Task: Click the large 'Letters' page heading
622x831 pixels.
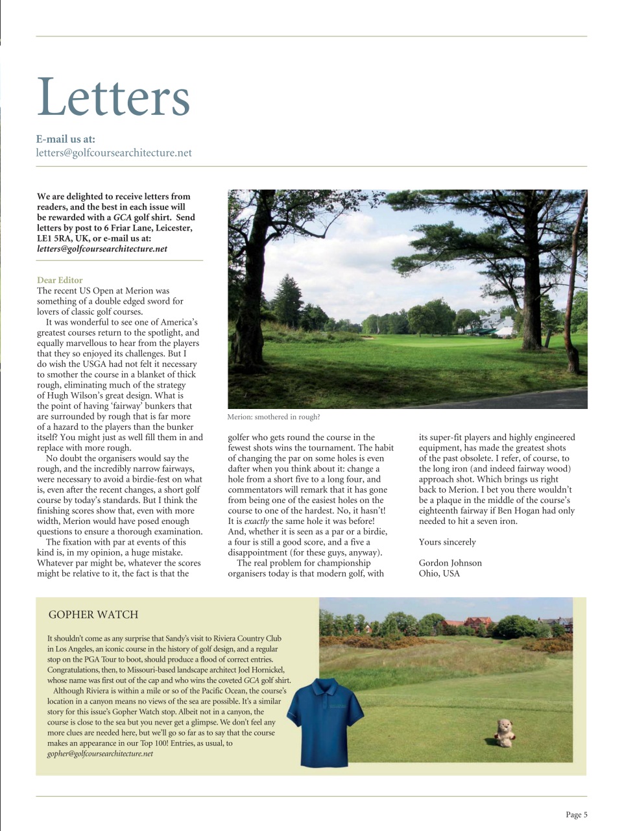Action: point(114,97)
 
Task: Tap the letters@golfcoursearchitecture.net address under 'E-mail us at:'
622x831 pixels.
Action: point(114,153)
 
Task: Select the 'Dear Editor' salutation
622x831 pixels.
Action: point(60,280)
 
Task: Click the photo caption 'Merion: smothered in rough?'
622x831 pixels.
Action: point(273,417)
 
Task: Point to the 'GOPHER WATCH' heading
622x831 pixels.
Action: point(93,614)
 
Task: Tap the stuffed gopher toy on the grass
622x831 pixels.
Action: point(503,733)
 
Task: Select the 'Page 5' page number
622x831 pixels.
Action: point(576,815)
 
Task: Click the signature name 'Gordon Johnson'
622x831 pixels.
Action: point(450,563)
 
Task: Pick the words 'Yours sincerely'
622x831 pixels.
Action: point(447,542)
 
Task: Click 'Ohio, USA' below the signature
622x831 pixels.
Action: point(439,573)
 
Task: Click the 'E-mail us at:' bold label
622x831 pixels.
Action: point(66,139)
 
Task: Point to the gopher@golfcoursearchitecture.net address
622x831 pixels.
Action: point(100,754)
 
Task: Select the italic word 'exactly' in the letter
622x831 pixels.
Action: point(256,521)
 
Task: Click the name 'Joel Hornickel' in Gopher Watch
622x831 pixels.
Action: point(257,669)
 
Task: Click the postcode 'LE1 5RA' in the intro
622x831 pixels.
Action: point(54,238)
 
